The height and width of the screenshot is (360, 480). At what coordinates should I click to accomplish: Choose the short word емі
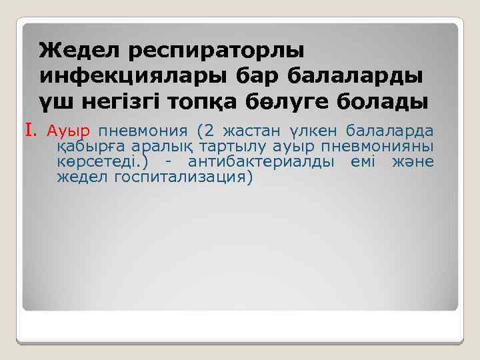363,162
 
